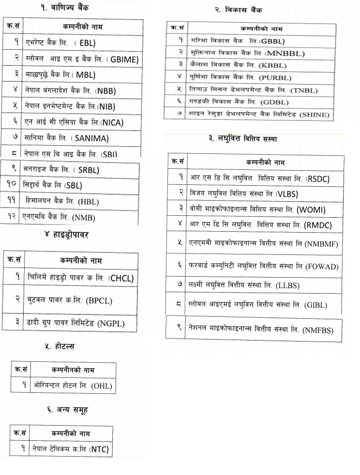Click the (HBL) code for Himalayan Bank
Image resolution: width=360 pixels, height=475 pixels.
[x=88, y=202]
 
